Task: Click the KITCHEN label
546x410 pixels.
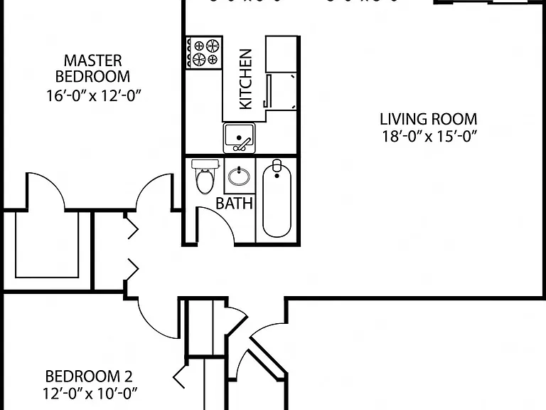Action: (x=245, y=79)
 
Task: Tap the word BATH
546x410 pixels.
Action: (x=234, y=204)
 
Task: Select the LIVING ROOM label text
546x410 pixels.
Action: (x=428, y=120)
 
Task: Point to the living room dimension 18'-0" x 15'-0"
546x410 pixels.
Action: (x=429, y=137)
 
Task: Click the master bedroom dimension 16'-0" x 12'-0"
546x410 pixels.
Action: (x=94, y=95)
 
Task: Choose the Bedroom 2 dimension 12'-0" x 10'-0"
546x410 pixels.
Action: (x=90, y=394)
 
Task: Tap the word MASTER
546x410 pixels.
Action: (x=93, y=61)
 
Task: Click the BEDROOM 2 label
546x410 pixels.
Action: (x=89, y=377)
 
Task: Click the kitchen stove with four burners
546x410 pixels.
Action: (x=204, y=53)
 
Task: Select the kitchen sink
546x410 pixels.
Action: (x=239, y=137)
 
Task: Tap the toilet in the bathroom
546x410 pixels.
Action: (x=205, y=177)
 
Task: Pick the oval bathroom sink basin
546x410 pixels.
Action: (x=239, y=176)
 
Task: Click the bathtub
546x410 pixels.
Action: (x=277, y=200)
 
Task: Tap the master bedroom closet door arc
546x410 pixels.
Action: (x=52, y=183)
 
